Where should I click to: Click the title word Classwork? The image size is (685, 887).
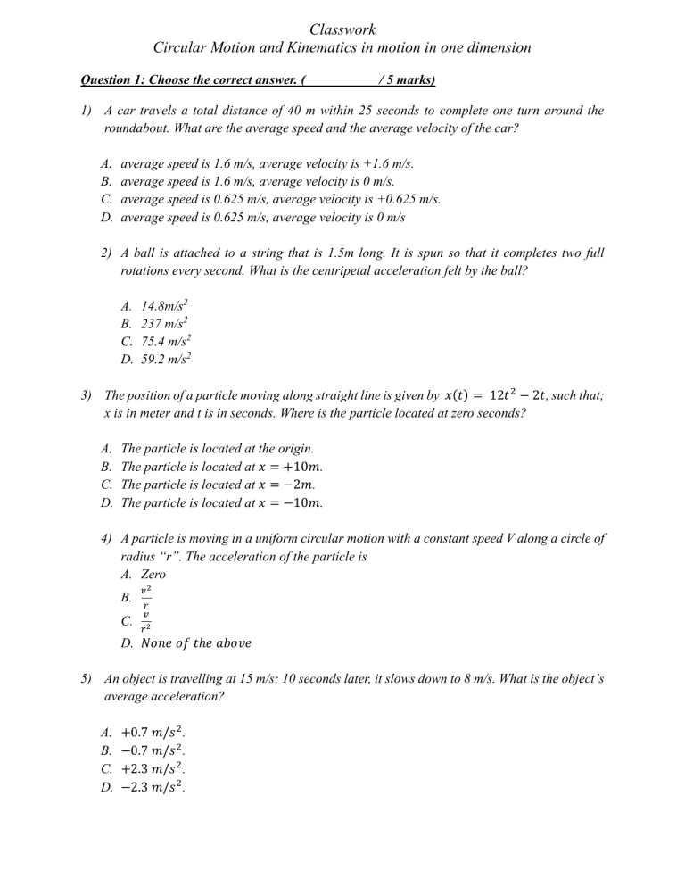click(x=342, y=29)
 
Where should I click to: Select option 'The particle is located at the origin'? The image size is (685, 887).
click(x=217, y=448)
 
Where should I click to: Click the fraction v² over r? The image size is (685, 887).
click(x=145, y=598)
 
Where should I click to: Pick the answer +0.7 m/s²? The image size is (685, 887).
click(x=151, y=731)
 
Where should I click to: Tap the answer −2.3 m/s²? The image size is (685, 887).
click(x=151, y=786)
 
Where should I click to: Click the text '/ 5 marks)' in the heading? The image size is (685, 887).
click(x=407, y=80)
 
